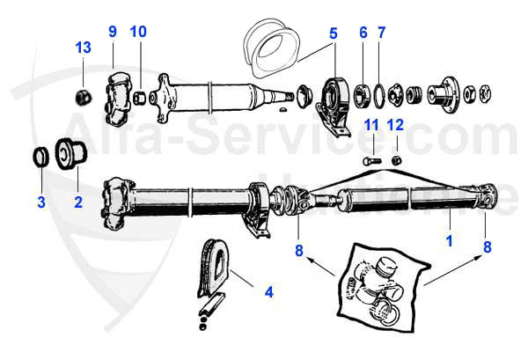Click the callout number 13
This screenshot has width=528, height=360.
point(81,46)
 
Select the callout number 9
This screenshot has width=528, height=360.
point(113,32)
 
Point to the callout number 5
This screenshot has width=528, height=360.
point(332,33)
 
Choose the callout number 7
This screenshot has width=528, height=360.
point(381,33)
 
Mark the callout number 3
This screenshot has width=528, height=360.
point(40,203)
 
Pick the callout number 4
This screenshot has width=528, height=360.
point(269,290)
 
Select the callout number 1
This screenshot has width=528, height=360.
point(450,237)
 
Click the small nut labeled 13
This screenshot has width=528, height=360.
point(81,94)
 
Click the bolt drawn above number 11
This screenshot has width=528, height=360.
point(370,160)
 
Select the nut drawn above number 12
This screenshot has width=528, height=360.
point(397,159)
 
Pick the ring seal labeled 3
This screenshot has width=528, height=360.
point(40,157)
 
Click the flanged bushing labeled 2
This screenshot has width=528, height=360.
point(70,152)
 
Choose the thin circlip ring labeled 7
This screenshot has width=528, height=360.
point(378,92)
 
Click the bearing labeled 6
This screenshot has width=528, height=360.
point(361,92)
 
